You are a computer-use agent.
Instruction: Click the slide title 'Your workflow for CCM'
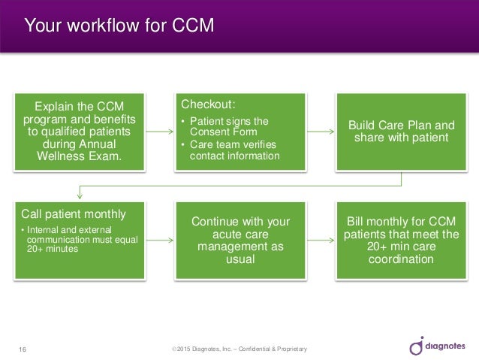(119, 26)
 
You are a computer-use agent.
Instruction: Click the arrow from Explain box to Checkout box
(159, 132)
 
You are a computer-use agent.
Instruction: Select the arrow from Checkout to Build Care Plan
(321, 132)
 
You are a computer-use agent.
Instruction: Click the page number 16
(22, 349)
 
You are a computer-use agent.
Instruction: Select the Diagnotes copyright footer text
(239, 349)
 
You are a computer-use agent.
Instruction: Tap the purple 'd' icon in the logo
(417, 346)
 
